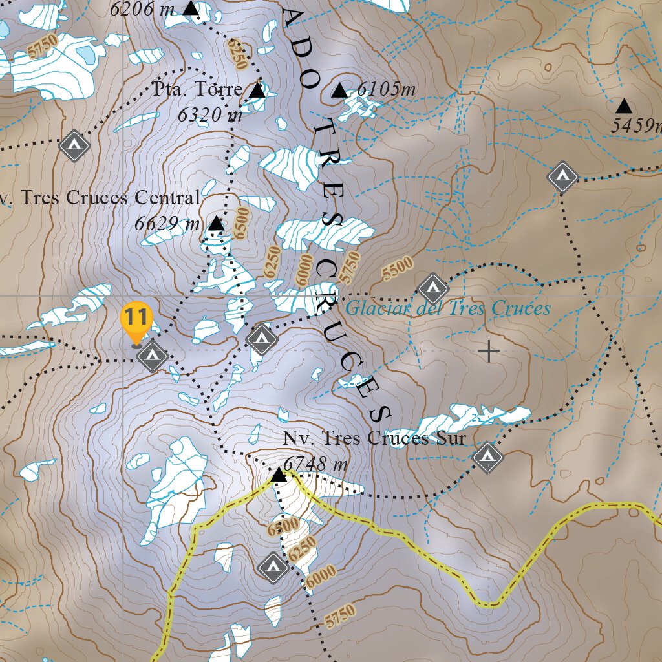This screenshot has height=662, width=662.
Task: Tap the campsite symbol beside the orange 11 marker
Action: [x=153, y=356]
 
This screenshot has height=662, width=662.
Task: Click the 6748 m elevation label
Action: [x=316, y=464]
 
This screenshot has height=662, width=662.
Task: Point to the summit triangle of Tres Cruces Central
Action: [x=216, y=224]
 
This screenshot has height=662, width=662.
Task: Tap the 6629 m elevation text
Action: [x=167, y=224]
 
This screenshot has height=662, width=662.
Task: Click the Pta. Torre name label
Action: [x=198, y=89]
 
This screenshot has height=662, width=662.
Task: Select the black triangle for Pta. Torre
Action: [x=257, y=91]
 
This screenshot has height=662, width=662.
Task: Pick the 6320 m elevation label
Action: [x=209, y=114]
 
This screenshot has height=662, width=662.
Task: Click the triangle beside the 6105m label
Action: [x=339, y=91]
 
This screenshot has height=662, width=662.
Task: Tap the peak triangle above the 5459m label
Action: [x=624, y=106]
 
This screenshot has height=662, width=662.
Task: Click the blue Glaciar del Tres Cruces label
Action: [x=447, y=308]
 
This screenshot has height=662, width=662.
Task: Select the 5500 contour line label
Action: [x=397, y=268]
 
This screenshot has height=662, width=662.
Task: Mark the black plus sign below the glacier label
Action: [x=489, y=352]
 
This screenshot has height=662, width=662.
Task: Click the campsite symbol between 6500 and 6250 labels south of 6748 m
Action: [x=272, y=568]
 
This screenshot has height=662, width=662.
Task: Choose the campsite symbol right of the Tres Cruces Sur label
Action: [x=487, y=457]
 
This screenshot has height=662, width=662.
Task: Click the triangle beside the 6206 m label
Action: [x=190, y=8]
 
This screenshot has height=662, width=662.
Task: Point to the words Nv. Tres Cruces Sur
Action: [x=374, y=438]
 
